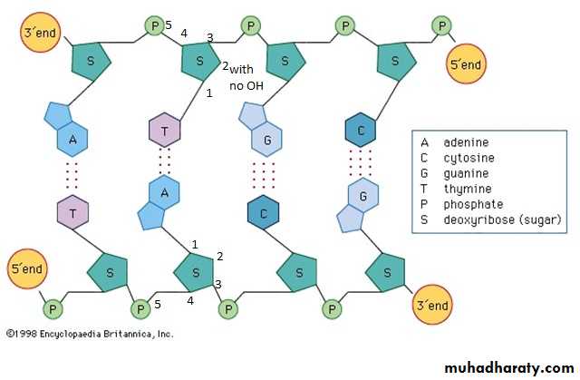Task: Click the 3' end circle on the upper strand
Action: tap(41, 34)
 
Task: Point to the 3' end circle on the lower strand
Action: tap(431, 306)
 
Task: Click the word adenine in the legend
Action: tap(465, 142)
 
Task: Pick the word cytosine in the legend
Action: tap(468, 158)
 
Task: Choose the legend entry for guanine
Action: tap(467, 173)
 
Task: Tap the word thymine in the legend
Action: tap(466, 189)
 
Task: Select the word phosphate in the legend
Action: tap(472, 204)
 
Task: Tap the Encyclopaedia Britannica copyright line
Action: tap(89, 334)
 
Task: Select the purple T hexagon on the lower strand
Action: tap(72, 211)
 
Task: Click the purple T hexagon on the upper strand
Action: tap(165, 130)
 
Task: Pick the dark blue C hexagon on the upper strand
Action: tap(362, 130)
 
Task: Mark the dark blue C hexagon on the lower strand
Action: tap(262, 212)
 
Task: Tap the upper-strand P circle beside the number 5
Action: tap(155, 25)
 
